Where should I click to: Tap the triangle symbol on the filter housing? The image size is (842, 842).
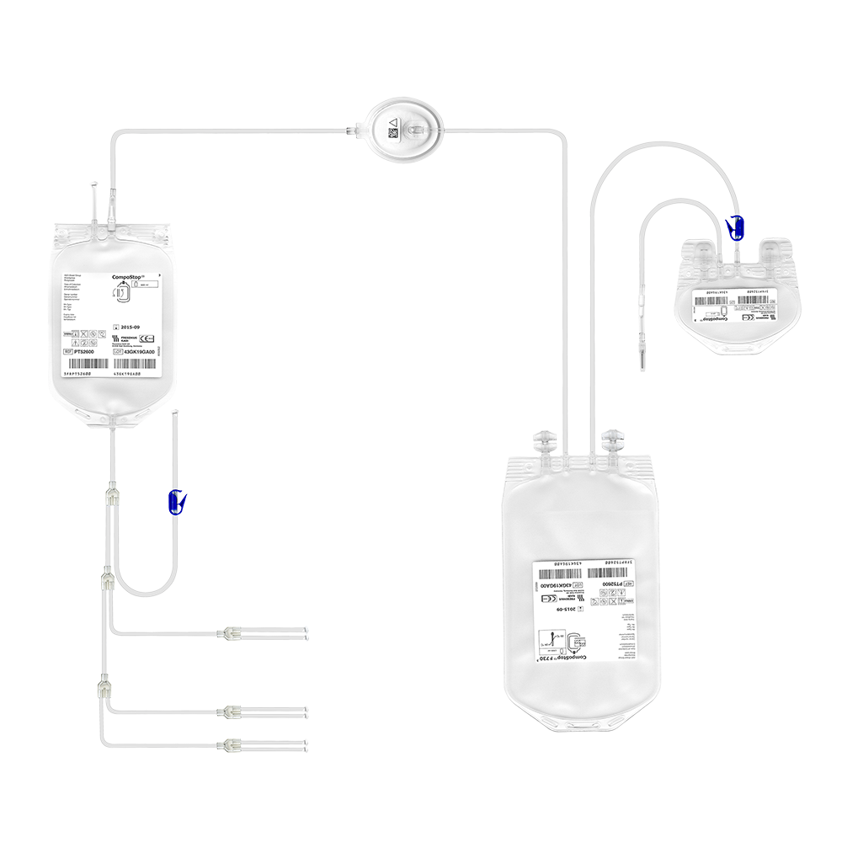coord(392,123)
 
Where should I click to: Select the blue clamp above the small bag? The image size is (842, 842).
coord(737,226)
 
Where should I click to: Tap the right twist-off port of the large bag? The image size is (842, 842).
coord(612,440)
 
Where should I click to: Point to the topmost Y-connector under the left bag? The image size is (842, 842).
coord(110,494)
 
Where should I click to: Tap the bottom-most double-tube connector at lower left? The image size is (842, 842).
coord(232,745)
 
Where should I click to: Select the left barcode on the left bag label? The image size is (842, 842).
coord(85,365)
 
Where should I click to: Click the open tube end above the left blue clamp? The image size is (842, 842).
coord(173,413)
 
